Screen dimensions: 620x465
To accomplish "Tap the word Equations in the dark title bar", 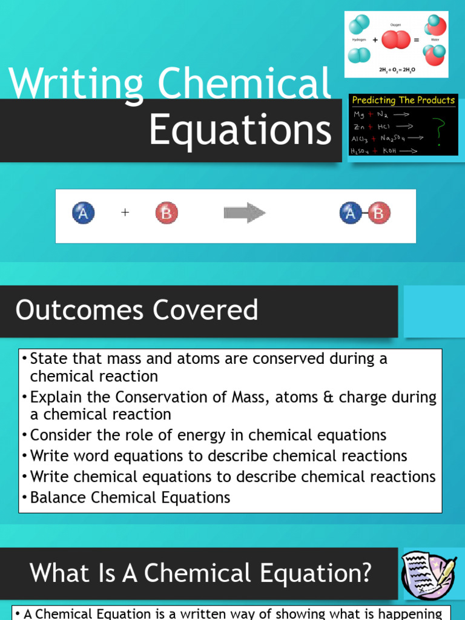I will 240,131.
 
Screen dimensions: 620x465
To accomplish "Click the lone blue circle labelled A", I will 84,213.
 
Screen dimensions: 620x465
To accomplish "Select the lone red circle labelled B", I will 167,213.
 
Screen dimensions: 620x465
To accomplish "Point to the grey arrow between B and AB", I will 244,213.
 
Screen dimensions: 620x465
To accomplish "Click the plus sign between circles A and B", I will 125,213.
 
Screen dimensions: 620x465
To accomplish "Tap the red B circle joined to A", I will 379,213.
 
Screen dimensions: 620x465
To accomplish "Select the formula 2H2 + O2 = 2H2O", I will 397,70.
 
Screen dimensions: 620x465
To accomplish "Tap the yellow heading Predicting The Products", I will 403,101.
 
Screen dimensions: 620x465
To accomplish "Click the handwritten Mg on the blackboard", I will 360,114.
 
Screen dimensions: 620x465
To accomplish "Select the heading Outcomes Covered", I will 137,310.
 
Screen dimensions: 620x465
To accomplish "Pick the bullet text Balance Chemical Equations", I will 130,498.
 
